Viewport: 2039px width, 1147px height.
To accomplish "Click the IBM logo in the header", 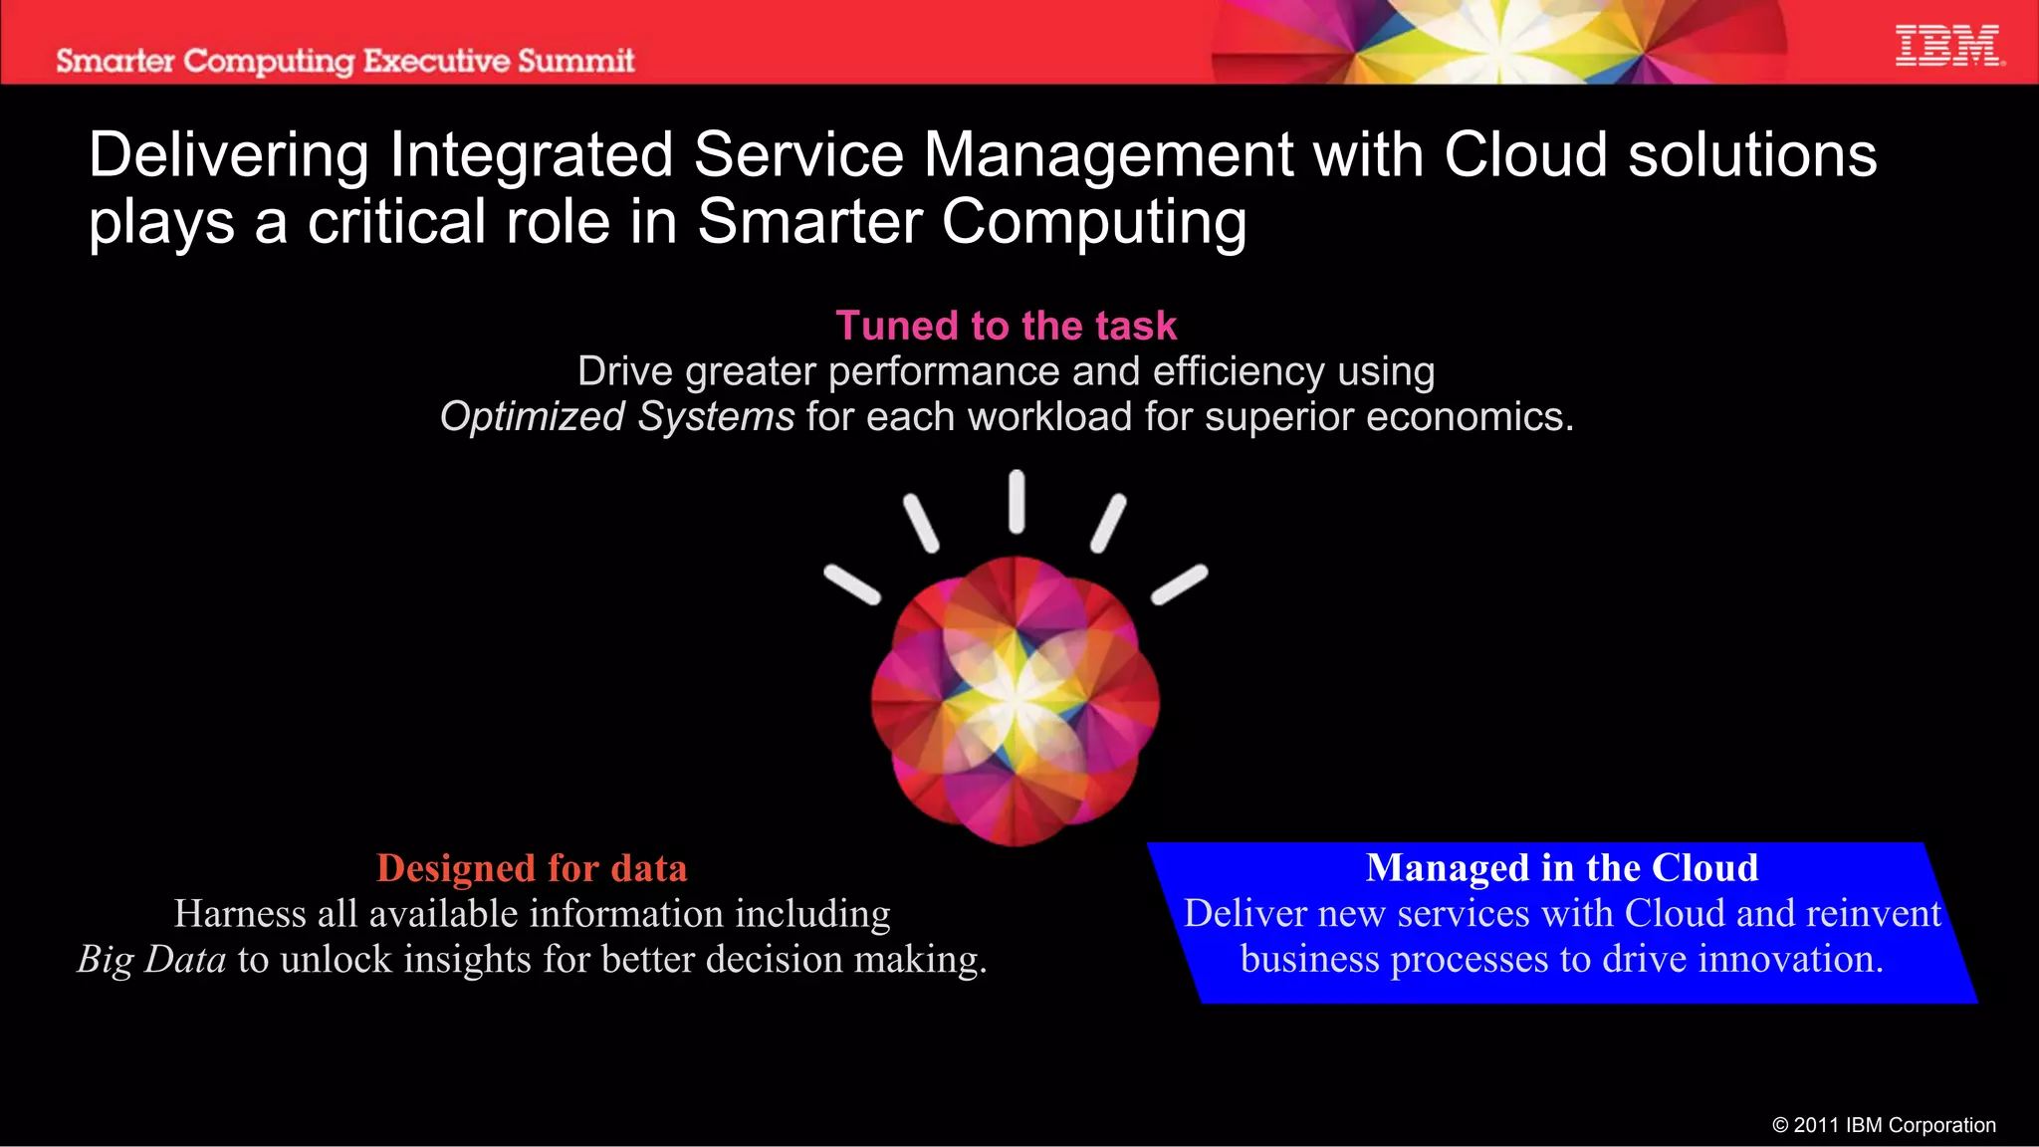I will point(1948,47).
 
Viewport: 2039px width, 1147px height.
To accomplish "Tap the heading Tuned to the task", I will point(1006,326).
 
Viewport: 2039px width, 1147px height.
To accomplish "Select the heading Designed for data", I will point(532,868).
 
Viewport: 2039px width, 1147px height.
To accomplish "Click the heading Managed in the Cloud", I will point(1561,868).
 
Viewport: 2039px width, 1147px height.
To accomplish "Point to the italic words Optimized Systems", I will point(617,416).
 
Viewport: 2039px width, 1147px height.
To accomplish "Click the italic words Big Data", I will point(152,959).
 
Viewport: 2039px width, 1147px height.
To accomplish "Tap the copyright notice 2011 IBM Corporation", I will point(1884,1125).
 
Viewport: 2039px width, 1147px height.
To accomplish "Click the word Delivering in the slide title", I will point(229,155).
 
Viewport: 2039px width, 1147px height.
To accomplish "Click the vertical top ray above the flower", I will point(1017,502).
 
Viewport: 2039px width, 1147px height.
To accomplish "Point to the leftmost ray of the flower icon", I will point(852,584).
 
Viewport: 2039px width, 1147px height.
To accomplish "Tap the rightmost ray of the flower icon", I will point(1180,584).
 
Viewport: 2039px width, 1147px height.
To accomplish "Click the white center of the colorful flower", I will point(1016,697).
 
